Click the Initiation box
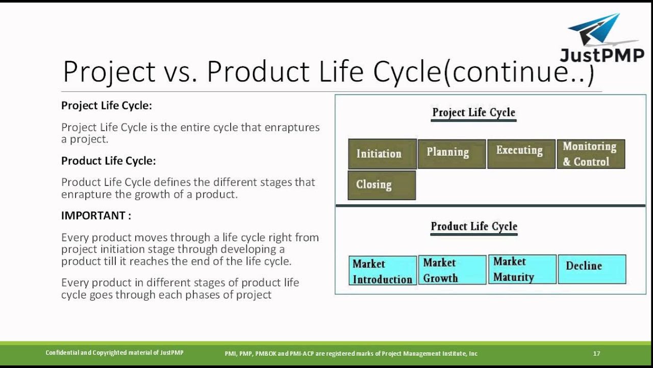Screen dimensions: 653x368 [382, 154]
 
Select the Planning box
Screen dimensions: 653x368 [451, 154]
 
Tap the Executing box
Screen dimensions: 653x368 [521, 154]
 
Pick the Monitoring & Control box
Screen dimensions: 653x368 [591, 154]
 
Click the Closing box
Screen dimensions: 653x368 [382, 185]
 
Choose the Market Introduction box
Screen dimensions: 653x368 [383, 270]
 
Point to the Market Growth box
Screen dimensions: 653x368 [452, 270]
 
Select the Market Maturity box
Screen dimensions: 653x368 [522, 269]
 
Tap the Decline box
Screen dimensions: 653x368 [592, 269]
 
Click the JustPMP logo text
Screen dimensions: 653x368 [602, 55]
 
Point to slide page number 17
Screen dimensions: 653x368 [596, 353]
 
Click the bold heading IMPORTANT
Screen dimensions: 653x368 [96, 216]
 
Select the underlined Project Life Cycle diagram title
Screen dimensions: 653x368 [474, 112]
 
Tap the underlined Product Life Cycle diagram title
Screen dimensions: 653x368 [474, 226]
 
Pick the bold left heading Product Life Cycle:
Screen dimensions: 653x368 [109, 161]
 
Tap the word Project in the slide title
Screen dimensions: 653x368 [109, 72]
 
